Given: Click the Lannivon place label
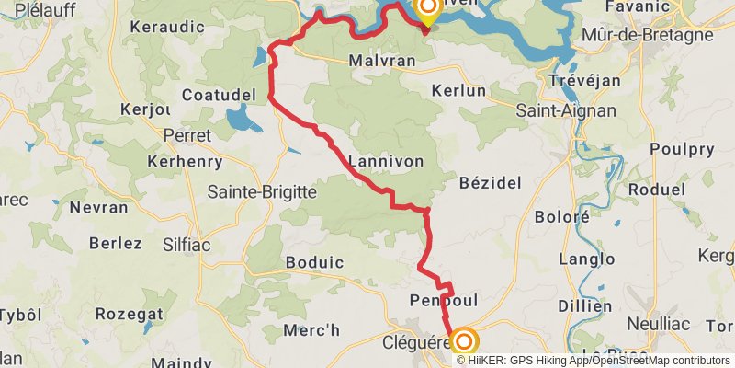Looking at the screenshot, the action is [386, 161].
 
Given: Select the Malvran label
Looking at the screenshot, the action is [382, 61].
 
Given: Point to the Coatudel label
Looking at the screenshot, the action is [218, 96].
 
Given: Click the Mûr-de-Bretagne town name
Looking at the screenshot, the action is [648, 35].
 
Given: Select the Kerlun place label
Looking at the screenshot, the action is [459, 91].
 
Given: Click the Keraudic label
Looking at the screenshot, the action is [166, 28].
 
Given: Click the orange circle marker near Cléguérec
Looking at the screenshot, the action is [463, 341].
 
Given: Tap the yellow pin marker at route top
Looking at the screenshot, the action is [427, 10].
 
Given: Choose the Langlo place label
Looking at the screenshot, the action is [586, 259].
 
